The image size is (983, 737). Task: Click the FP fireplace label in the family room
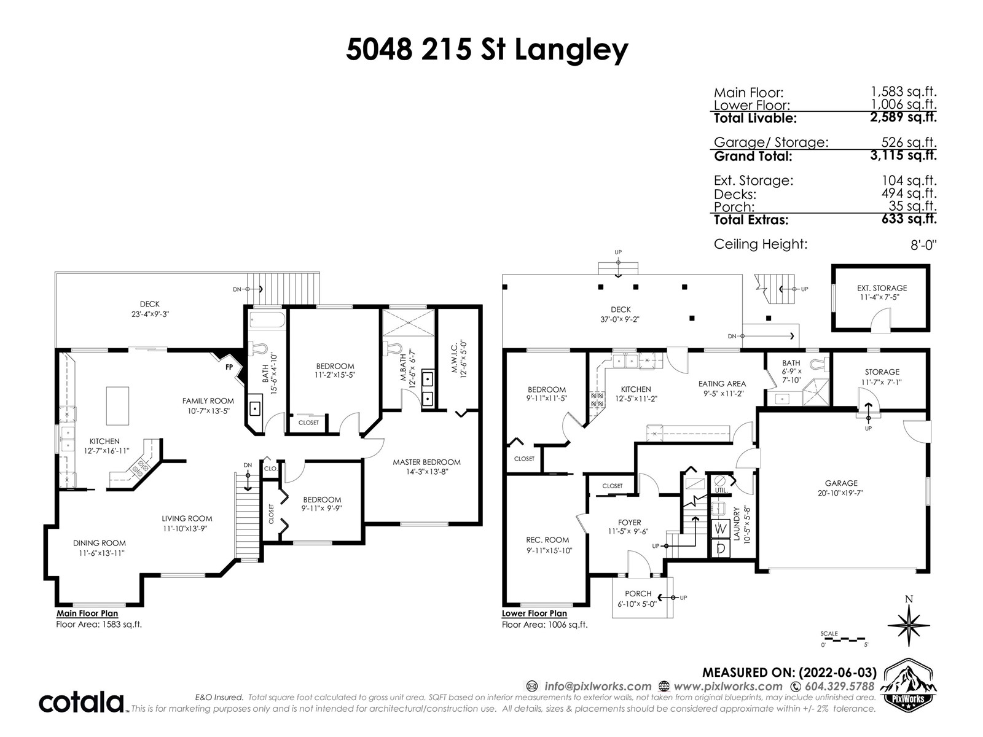229,367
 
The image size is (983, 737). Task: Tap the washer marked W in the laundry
721,529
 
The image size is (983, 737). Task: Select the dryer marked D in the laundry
721,548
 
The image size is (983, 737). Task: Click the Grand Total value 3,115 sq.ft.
903,155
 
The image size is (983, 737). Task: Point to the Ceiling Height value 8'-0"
923,245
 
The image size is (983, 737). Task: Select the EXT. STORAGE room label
882,288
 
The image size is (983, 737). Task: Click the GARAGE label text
841,483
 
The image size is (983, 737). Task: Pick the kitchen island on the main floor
117,406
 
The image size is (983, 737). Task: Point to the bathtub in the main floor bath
267,321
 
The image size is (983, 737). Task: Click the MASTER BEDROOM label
426,462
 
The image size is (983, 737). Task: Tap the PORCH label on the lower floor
638,593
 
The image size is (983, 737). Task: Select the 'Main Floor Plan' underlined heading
87,614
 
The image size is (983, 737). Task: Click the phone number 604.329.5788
840,686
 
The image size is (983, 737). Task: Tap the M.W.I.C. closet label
454,358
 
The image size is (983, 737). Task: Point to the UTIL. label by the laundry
721,491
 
